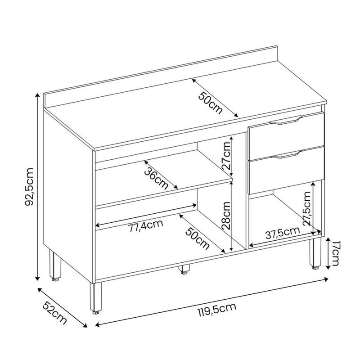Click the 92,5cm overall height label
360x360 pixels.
click(30, 187)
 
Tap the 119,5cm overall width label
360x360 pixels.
click(217, 310)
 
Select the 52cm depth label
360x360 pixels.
click(55, 313)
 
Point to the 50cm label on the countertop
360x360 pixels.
click(210, 103)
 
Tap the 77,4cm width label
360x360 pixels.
click(145, 226)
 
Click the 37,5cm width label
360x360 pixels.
click(283, 233)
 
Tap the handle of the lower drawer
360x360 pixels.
click(286, 154)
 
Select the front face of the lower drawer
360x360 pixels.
click(287, 170)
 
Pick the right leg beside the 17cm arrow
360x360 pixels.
click(315, 254)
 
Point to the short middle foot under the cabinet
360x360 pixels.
click(184, 269)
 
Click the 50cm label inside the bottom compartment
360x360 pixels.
click(198, 238)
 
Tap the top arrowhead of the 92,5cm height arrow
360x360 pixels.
click(37, 95)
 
